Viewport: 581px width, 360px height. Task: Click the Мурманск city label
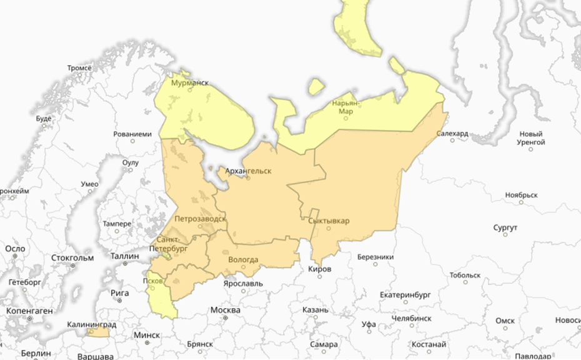coord(190,82)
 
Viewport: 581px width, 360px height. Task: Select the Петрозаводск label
coord(201,219)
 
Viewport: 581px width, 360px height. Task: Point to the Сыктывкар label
coord(329,221)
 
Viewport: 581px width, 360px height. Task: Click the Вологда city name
coord(243,259)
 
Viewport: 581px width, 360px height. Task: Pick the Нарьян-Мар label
coord(346,107)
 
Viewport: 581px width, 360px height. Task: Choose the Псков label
coord(153,280)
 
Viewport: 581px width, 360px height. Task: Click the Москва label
coord(226,310)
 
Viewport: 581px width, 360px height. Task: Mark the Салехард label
coord(453,134)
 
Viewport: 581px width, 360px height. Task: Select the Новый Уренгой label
coord(532,137)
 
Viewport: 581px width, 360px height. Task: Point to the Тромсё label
coord(79,67)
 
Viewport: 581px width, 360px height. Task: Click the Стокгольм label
coord(72,257)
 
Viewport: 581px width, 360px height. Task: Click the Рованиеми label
coord(132,134)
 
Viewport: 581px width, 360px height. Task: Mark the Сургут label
coord(505,227)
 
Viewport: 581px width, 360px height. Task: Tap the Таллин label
coord(124,256)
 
